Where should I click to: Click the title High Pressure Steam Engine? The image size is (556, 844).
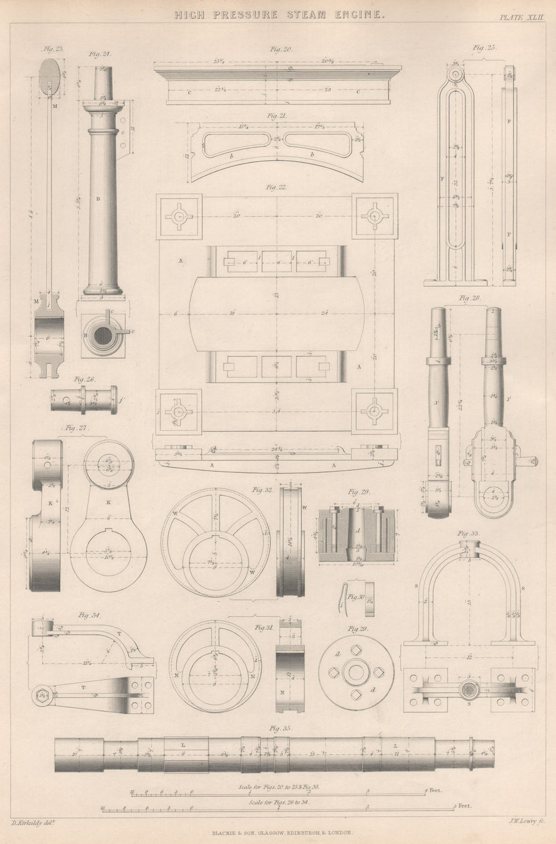pos(279,16)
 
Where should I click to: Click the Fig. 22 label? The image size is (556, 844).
pos(276,187)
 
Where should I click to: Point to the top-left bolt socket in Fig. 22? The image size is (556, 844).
pos(178,216)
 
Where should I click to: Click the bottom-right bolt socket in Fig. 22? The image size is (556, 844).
pos(374,410)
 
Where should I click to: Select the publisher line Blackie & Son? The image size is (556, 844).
pos(279,832)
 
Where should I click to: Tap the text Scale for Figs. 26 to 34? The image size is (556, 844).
pos(281,803)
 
